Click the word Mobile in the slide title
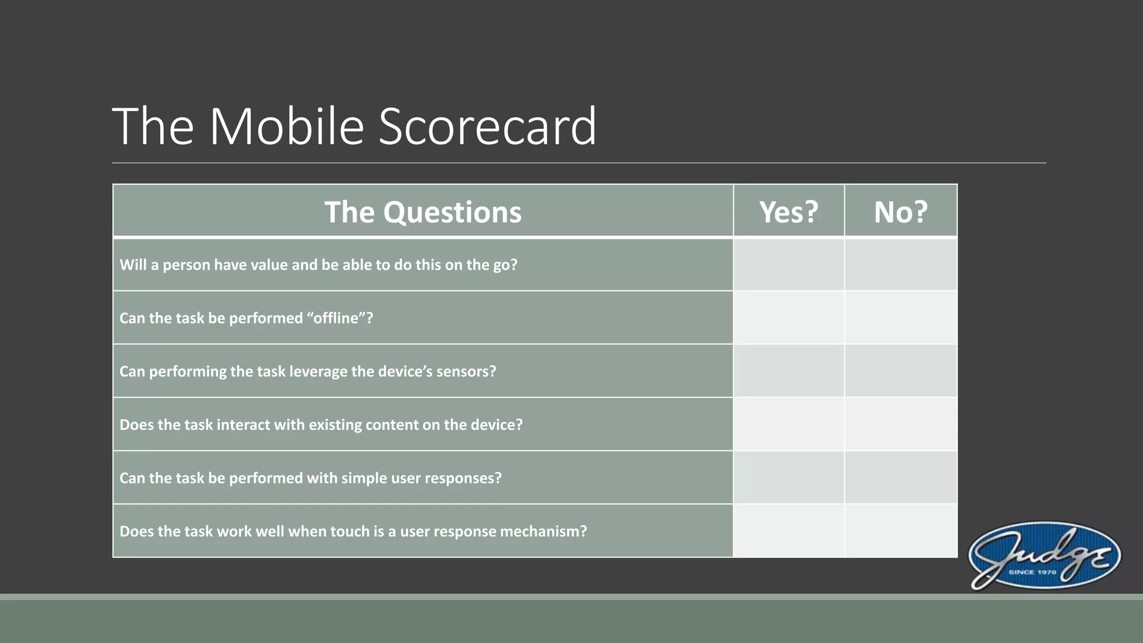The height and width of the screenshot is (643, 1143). click(287, 127)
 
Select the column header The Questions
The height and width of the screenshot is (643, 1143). click(423, 212)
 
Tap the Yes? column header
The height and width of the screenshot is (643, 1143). click(788, 212)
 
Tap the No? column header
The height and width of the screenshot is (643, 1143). click(900, 212)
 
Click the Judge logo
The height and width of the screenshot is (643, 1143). click(1044, 556)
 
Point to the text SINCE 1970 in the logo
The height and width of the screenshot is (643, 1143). click(1032, 572)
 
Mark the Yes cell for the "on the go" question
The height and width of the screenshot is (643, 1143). click(788, 265)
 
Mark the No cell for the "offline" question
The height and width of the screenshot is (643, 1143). click(900, 318)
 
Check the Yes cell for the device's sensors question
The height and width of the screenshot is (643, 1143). click(788, 371)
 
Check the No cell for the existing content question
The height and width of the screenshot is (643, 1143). click(900, 424)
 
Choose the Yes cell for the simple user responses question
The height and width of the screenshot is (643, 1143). click(788, 478)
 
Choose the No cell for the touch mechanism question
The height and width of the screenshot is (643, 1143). click(900, 531)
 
